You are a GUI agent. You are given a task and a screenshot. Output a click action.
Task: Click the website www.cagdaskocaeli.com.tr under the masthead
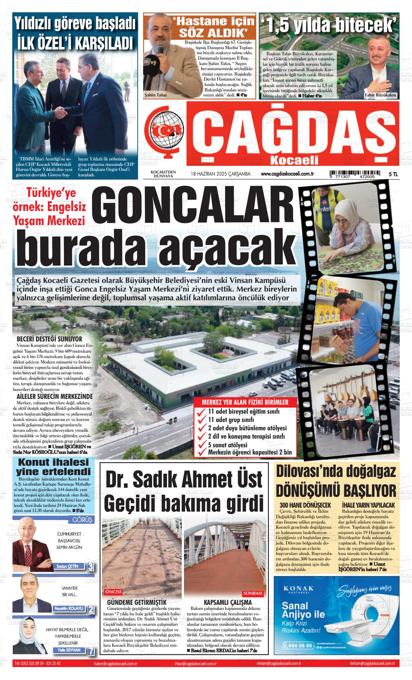tap(287, 174)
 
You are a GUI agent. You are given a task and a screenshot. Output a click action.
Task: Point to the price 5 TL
tap(393, 174)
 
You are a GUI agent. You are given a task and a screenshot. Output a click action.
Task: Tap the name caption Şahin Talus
tap(155, 95)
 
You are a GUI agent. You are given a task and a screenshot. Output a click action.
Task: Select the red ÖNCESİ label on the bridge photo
tap(113, 592)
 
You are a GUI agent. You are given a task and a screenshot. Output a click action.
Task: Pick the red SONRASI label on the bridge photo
tap(253, 594)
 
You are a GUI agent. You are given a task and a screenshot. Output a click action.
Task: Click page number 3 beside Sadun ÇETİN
tap(90, 566)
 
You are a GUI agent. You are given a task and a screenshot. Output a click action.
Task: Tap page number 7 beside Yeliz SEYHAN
tap(91, 651)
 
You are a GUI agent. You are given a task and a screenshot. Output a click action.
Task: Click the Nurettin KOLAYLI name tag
tap(69, 608)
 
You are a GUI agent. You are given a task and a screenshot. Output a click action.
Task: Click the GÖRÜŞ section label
tap(82, 520)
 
